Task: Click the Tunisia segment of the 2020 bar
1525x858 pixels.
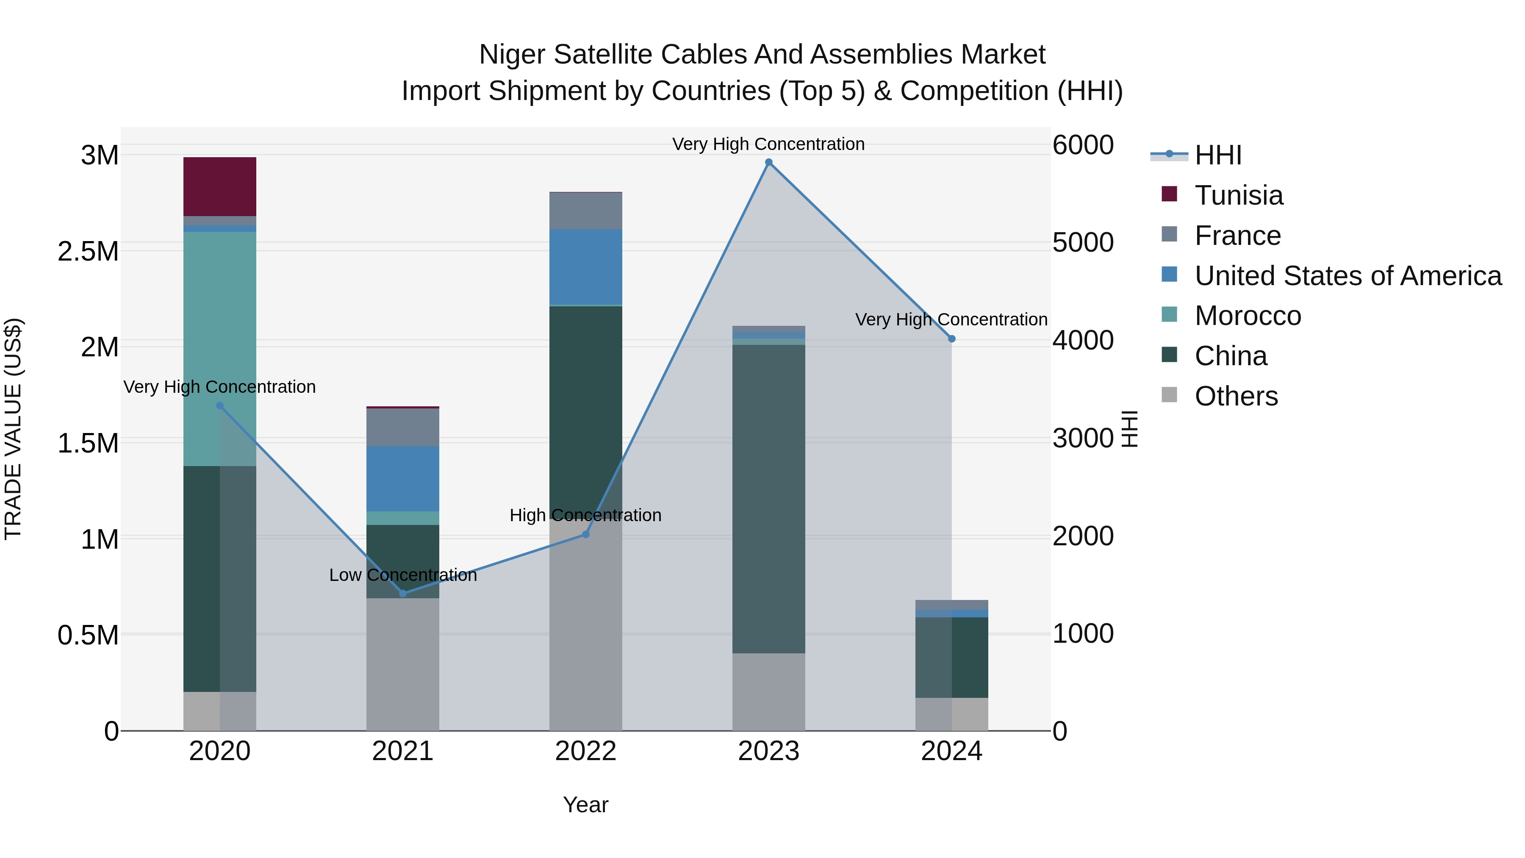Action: [219, 186]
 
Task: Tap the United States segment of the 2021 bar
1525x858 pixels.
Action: [402, 478]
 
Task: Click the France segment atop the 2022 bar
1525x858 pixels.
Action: [585, 211]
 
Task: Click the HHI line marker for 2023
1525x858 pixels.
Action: [768, 162]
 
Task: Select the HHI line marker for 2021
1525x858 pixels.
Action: [402, 593]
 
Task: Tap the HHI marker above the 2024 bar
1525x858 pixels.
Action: [951, 339]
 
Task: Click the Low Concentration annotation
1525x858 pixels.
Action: [402, 575]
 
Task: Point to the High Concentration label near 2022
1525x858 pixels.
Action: [585, 515]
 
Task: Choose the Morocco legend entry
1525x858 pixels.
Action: [1248, 316]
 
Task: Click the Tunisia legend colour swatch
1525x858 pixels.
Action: [1169, 194]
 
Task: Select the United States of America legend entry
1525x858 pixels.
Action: [1348, 276]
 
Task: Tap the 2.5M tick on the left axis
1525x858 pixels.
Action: [88, 252]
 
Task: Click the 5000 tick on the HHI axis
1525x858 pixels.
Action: [1083, 243]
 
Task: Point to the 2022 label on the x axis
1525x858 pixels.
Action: [585, 751]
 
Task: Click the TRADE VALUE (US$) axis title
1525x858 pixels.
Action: [13, 429]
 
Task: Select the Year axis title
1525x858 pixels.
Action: [585, 805]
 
